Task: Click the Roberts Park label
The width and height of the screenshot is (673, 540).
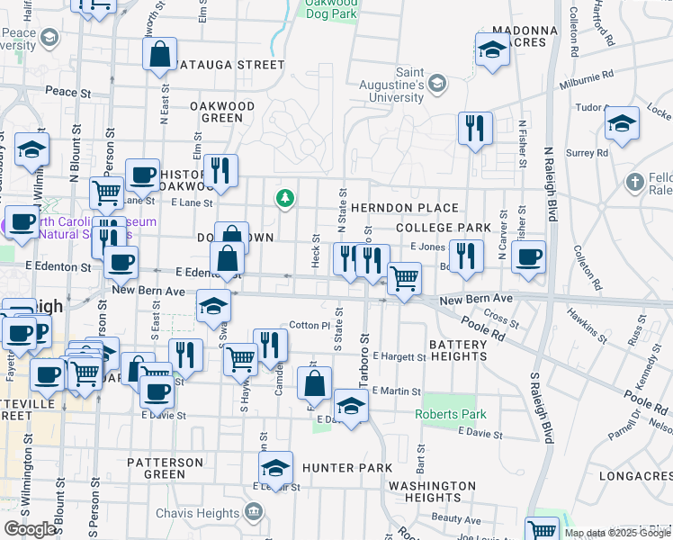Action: point(450,415)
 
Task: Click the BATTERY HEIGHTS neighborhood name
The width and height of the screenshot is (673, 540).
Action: point(458,350)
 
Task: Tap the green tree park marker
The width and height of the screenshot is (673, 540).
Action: point(285,198)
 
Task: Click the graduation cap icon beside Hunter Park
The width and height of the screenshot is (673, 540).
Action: point(276,468)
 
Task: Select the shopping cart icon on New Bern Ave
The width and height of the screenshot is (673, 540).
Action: point(404,279)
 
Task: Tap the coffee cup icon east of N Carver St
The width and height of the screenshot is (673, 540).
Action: point(529,257)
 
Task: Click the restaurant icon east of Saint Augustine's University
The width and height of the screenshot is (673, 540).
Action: point(475,128)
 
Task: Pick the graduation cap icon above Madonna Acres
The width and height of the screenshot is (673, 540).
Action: point(492,50)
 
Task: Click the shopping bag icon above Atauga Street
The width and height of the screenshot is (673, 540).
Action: point(159,53)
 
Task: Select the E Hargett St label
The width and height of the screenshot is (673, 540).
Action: point(399,357)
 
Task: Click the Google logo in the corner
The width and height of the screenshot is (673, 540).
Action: point(30,529)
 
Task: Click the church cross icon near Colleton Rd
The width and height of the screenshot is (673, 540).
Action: point(635,182)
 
